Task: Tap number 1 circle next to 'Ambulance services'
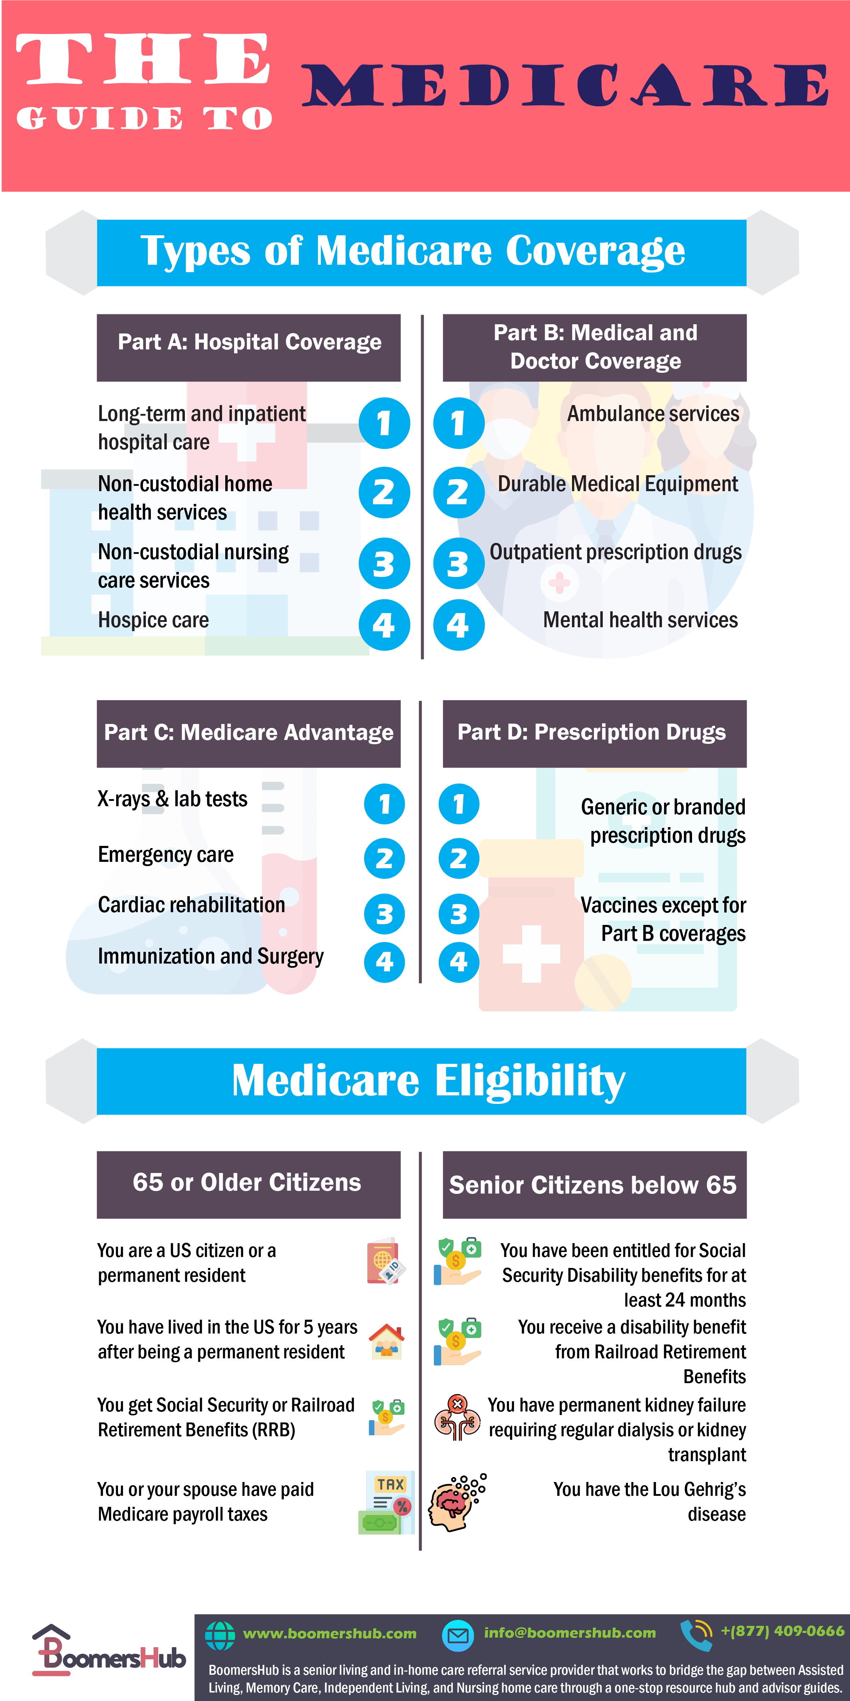click(x=458, y=423)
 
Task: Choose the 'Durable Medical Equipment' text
click(x=618, y=484)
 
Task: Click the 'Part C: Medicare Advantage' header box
click(x=249, y=733)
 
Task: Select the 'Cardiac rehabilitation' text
click(x=191, y=905)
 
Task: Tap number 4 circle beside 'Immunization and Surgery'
click(x=384, y=962)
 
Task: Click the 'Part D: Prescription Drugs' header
click(x=594, y=733)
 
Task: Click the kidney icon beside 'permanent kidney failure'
click(x=457, y=1418)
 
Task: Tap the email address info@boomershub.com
click(x=569, y=1633)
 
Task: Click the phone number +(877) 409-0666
click(x=782, y=1631)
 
